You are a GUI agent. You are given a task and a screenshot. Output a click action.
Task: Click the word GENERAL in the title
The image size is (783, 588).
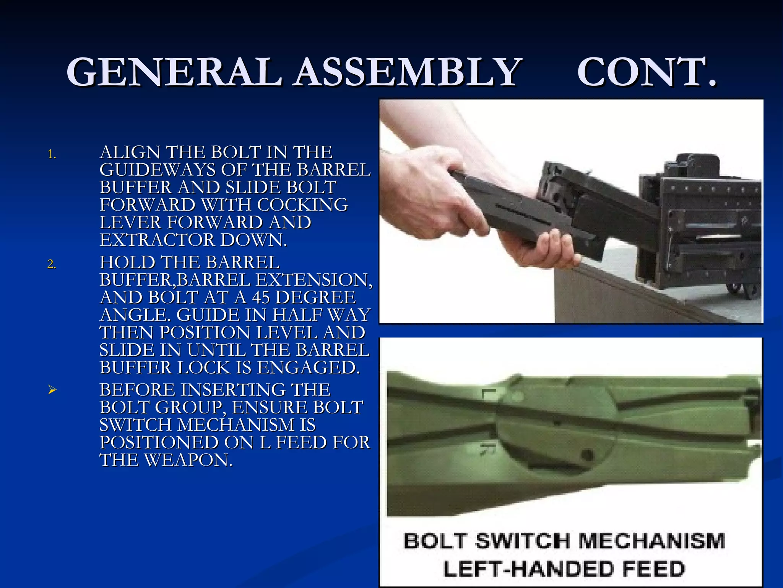pos(174,72)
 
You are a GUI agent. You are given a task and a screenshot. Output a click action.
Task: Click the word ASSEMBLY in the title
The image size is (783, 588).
pos(408,72)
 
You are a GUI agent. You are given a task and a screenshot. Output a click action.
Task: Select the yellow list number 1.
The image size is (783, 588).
pos(51,155)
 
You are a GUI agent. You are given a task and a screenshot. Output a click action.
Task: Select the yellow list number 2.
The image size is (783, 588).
pos(51,265)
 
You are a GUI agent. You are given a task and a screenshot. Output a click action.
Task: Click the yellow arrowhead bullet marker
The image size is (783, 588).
pos(52,390)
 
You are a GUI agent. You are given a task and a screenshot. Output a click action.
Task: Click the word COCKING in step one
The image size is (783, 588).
pos(302,205)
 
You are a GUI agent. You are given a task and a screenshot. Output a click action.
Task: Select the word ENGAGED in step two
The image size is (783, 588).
pos(308,367)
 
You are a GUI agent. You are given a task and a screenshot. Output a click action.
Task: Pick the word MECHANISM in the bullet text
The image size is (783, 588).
pos(247,425)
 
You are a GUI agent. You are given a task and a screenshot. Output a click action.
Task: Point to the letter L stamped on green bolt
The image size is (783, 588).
pos(489,394)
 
